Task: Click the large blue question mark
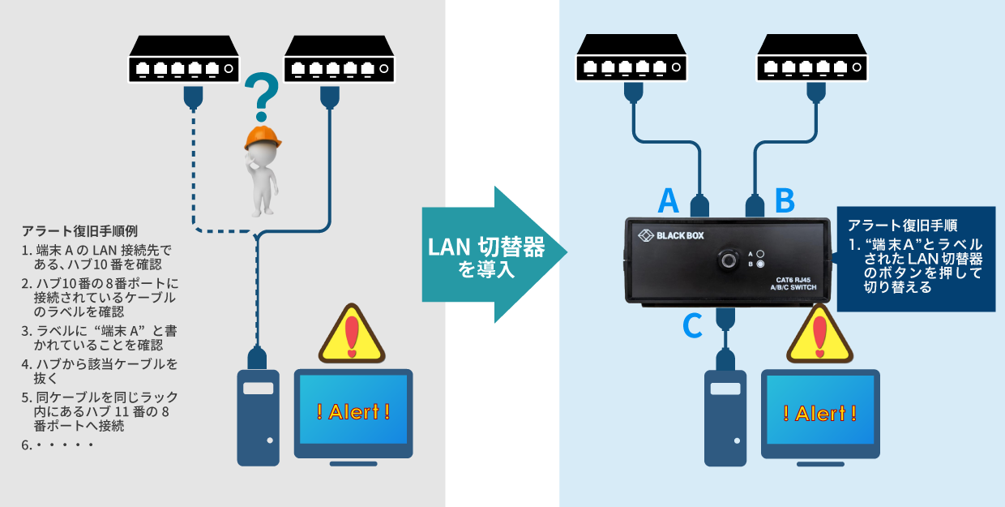pyautogui.click(x=261, y=93)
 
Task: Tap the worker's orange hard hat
pyautogui.click(x=263, y=137)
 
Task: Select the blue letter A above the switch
pyautogui.click(x=668, y=200)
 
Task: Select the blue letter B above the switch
pyautogui.click(x=785, y=200)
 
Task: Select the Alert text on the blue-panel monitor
pyautogui.click(x=820, y=413)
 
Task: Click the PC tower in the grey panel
pyautogui.click(x=258, y=417)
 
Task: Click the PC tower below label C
pyautogui.click(x=725, y=417)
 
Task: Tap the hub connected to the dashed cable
pyautogui.click(x=185, y=59)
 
